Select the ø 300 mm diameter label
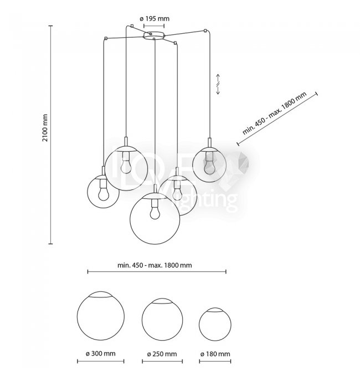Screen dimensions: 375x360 pos(101,353)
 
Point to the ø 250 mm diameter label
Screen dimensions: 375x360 pos(162,353)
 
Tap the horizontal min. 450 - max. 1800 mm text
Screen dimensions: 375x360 pos(155,265)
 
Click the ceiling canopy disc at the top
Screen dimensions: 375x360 pos(153,36)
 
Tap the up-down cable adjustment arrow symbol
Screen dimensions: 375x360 pos(218,84)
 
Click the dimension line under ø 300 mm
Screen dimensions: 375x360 pos(101,361)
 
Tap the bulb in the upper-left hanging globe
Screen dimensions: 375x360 pos(126,164)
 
